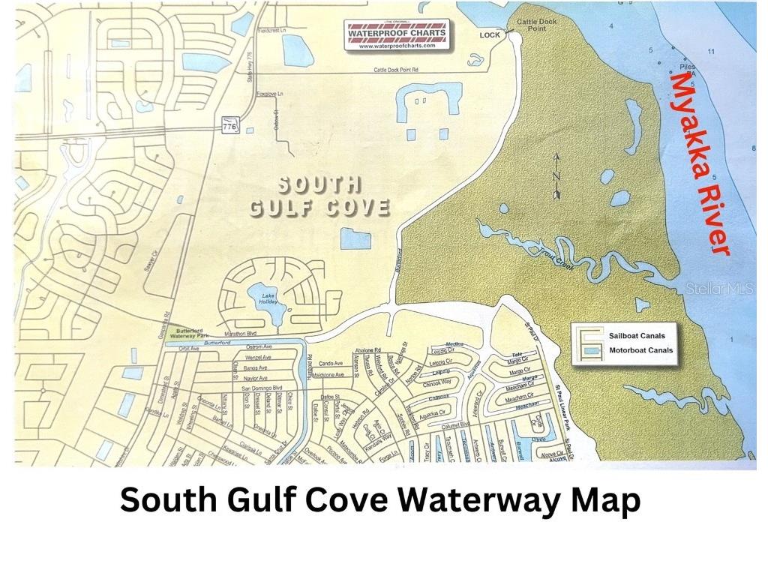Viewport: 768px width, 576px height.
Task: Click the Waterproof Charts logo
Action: [x=397, y=34]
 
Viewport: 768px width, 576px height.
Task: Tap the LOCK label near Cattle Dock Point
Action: [x=489, y=34]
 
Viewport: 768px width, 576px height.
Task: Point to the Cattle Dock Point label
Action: [x=537, y=25]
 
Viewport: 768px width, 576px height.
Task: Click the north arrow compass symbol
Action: [x=556, y=177]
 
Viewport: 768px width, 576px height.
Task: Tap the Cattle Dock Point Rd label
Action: [x=405, y=70]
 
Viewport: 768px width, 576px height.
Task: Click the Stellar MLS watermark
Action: [x=719, y=288]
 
